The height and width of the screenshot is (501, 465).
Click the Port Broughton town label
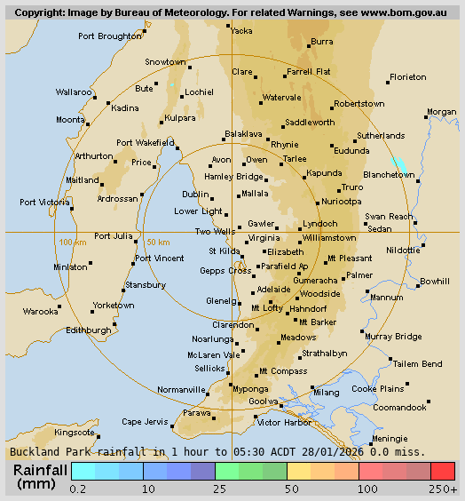tap(109, 36)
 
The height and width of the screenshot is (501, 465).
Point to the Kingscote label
tap(75, 433)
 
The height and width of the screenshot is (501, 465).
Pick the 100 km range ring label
tap(72, 243)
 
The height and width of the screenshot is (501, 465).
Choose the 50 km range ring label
tap(158, 243)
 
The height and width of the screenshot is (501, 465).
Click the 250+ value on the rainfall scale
tap(442, 489)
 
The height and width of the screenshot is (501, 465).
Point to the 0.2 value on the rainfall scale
tap(78, 489)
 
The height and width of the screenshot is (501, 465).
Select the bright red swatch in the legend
tap(442, 471)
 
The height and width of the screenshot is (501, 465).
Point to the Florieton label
tap(408, 77)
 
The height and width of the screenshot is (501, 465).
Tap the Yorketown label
tap(114, 306)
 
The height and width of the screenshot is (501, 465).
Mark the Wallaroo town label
tap(74, 91)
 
